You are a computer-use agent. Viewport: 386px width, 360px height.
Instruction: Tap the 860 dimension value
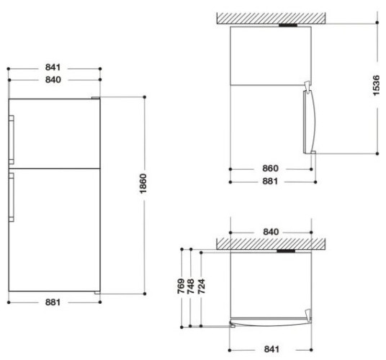tap(271, 168)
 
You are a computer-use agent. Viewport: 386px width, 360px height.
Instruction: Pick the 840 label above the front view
tap(53, 80)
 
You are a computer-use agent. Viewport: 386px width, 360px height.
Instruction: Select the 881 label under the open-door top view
tap(271, 181)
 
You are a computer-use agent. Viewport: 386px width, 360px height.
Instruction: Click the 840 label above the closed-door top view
tap(271, 232)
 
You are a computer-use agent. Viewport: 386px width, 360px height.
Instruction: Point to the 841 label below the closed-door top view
tap(271, 349)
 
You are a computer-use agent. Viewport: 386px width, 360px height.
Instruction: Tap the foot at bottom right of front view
tap(96, 292)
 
